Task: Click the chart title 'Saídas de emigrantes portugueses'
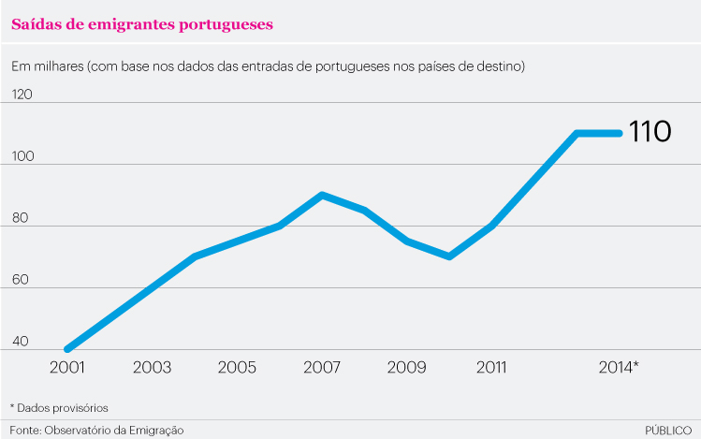[142, 24]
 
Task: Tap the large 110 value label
[649, 132]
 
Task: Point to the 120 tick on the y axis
[22, 95]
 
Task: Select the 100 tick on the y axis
[22, 156]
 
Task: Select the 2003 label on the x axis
[152, 367]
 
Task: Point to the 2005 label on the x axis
[237, 367]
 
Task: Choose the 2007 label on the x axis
[322, 367]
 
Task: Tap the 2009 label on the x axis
[407, 367]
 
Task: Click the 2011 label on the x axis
[492, 367]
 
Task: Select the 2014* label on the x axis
[619, 367]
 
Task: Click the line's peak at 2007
[322, 195]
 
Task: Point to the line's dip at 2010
[450, 256]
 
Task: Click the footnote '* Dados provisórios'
[59, 408]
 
